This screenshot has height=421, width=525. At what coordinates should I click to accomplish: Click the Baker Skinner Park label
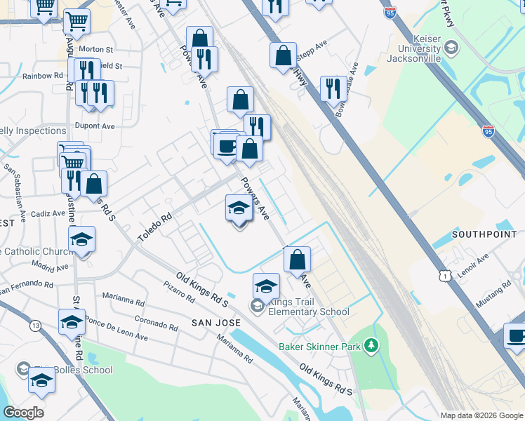tap(319, 346)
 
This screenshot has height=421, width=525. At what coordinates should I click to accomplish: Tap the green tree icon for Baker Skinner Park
tap(371, 346)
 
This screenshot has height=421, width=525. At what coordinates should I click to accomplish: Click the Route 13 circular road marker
tap(35, 326)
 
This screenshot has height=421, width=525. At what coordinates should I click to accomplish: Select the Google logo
tap(23, 412)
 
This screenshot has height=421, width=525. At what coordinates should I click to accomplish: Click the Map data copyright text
tap(481, 415)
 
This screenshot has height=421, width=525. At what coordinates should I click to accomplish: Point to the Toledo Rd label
tap(154, 229)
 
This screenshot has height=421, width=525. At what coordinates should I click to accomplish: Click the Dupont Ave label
tap(98, 126)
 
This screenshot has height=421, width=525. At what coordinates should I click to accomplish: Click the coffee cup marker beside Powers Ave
tap(226, 146)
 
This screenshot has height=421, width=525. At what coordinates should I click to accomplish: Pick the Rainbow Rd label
tap(42, 76)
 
